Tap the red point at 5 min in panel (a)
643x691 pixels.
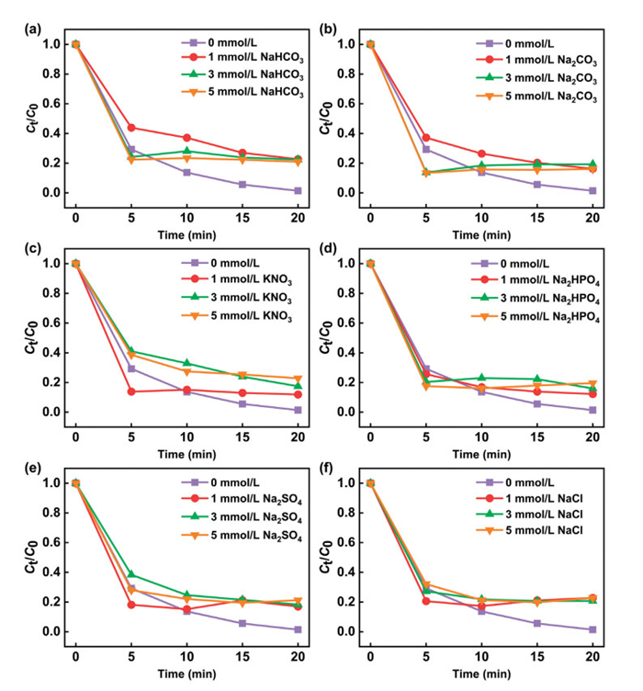pyautogui.click(x=133, y=128)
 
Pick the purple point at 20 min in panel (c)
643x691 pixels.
pyautogui.click(x=298, y=410)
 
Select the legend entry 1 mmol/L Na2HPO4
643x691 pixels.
pyautogui.click(x=549, y=278)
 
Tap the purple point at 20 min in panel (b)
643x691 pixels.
pyautogui.click(x=592, y=190)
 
